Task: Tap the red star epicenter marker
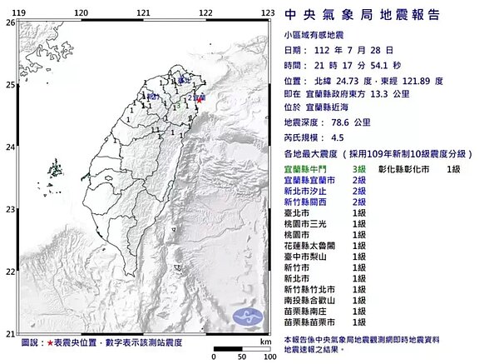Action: [200, 100]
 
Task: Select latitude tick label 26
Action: [10, 22]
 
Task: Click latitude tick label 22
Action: [10, 272]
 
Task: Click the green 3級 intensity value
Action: [360, 169]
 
